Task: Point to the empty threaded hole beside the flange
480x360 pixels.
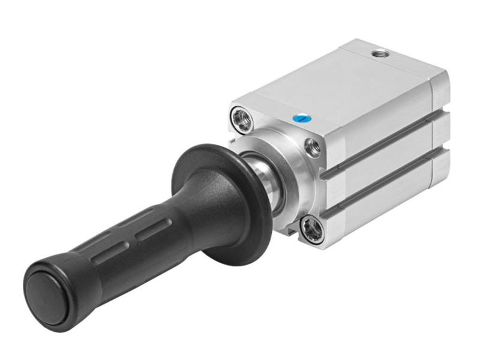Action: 312,145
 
